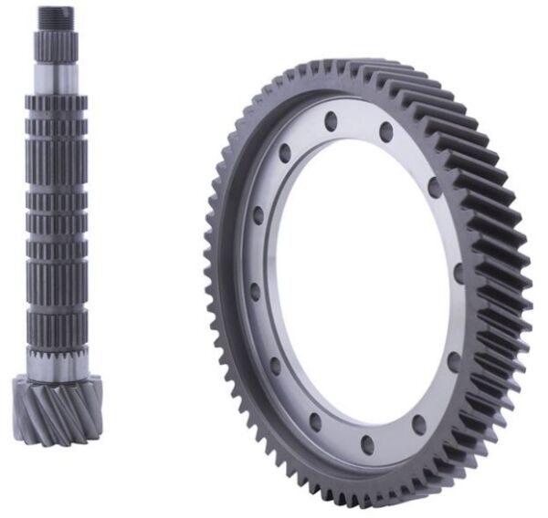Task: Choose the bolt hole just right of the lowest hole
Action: coord(419,422)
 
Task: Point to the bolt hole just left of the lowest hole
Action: coord(316,421)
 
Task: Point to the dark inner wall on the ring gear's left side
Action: coord(239,274)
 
